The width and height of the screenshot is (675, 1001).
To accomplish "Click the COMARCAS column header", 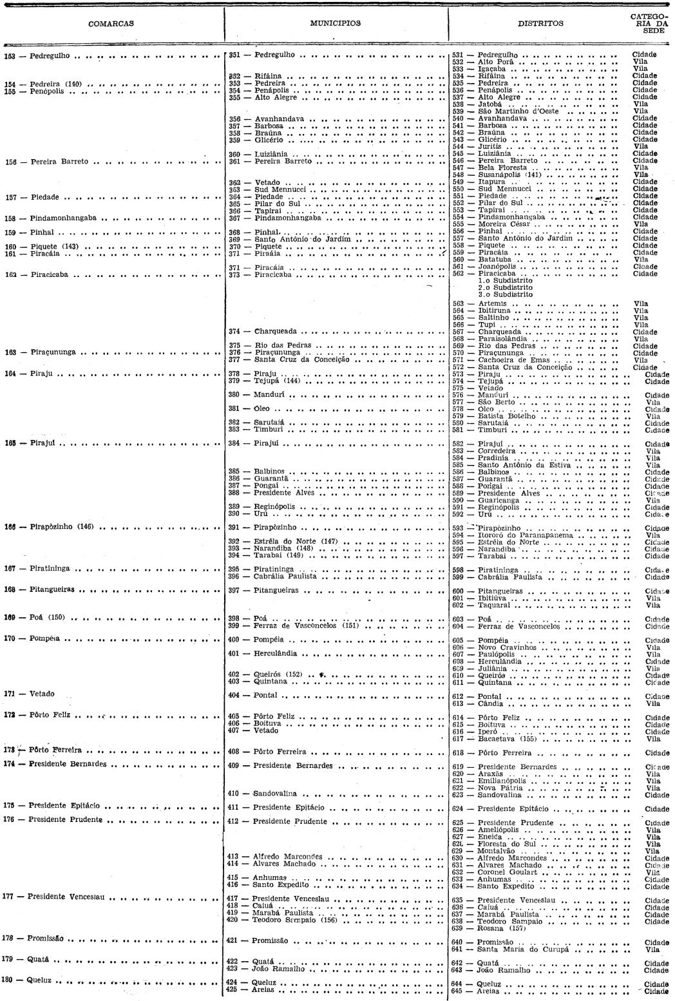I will coord(111,24).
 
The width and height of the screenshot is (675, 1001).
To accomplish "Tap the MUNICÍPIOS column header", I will coord(335,23).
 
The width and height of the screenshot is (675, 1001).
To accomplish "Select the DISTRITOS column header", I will coord(540,24).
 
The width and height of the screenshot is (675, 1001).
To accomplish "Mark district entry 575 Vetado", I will coord(490,388).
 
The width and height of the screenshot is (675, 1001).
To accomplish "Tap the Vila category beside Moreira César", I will coord(641,224).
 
